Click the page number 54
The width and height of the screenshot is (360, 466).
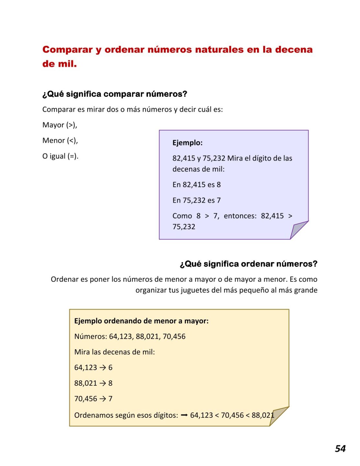pos(340,449)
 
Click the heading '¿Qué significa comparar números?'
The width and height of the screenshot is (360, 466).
pos(115,94)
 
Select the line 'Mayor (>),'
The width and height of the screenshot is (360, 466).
pos(60,125)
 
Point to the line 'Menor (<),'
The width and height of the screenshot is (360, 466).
pos(60,140)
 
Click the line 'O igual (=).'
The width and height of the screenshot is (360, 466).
pos(60,156)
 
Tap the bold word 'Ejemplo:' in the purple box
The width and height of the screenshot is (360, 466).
pos(187,143)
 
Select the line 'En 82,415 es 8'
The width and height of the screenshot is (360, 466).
pos(196,185)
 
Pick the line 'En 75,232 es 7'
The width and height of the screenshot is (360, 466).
pos(196,200)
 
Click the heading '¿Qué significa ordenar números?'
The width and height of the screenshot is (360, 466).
pos(248,264)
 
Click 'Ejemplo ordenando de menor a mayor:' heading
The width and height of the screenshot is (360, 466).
pos(141,321)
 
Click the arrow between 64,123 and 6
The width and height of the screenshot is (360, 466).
pos(103,368)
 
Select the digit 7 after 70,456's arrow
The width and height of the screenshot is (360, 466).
pos(110,399)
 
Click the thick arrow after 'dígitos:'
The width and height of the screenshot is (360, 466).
pos(184,415)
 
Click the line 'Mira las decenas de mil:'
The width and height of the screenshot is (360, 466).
pos(115,352)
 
